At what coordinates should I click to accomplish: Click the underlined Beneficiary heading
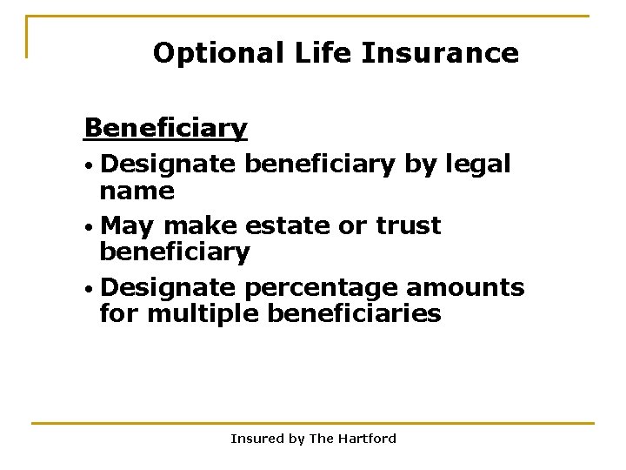[x=165, y=129]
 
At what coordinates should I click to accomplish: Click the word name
[x=137, y=191]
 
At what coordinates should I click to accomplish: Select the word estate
[x=286, y=225]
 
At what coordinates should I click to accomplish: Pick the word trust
[x=408, y=225]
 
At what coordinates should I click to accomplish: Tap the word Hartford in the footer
[x=367, y=439]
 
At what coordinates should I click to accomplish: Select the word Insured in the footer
[x=257, y=439]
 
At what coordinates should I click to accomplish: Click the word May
[x=127, y=226]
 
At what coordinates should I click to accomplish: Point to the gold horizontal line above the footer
[x=313, y=424]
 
